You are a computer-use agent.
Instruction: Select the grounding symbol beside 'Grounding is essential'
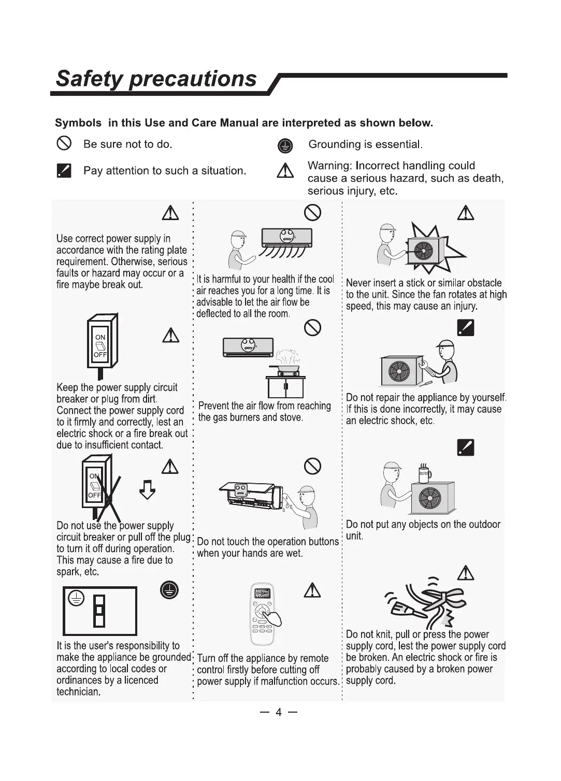(285, 146)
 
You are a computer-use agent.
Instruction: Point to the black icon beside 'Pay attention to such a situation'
(64, 170)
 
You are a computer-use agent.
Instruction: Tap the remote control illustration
(262, 615)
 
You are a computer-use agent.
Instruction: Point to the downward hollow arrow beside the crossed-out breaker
(148, 489)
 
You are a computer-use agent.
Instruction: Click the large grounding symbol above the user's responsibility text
(169, 590)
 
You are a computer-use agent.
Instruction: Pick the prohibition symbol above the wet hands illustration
(312, 466)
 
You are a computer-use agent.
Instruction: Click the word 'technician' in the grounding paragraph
(78, 692)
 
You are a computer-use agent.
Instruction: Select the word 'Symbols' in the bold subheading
(78, 123)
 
